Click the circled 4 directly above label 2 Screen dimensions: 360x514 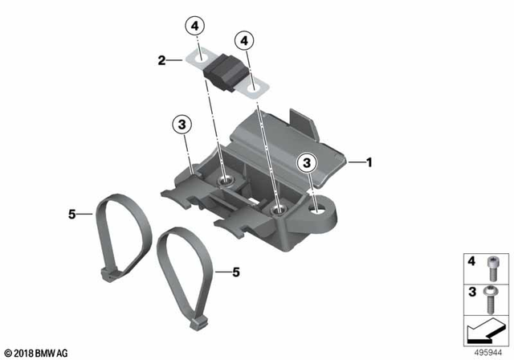point(193,26)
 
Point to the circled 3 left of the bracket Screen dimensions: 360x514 point(182,125)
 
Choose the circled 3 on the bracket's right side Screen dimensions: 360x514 point(305,163)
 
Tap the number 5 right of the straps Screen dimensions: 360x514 point(236,272)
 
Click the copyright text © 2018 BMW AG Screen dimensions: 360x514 point(35,353)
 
